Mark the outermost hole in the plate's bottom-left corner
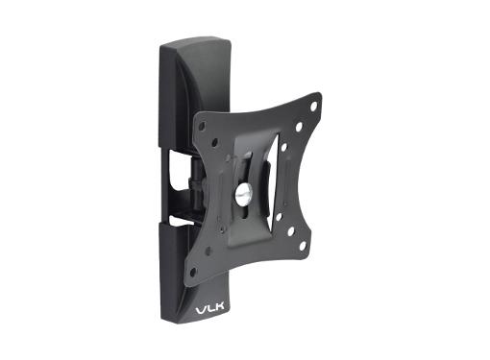(193, 272)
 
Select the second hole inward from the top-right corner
(299, 125)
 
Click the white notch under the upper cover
(179, 154)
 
